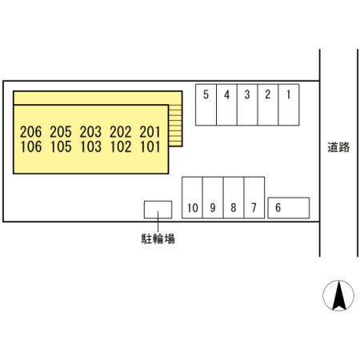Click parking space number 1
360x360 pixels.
point(289,105)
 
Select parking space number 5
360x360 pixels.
point(206,105)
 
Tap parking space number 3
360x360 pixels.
point(247,105)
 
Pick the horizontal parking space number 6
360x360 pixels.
point(289,208)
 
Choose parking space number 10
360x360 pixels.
point(192,198)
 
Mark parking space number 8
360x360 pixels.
point(234,198)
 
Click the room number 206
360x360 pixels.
point(31,132)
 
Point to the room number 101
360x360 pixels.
point(150,146)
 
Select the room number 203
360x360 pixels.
point(90,132)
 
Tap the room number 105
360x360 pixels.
point(61,146)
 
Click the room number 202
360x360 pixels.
point(121,132)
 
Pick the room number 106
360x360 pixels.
point(31,146)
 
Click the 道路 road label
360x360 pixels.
point(338,147)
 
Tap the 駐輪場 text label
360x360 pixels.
point(158,238)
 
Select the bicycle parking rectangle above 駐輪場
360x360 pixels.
point(158,210)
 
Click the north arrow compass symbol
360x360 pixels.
point(338,295)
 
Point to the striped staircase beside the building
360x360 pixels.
point(175,126)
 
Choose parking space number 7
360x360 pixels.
point(254,198)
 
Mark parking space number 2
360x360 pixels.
point(268,105)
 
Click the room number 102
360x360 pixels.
point(121,146)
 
